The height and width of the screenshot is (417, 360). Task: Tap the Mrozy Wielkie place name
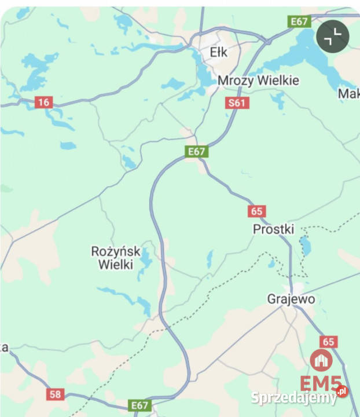(x=258, y=81)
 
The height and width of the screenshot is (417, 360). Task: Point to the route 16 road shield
(x=43, y=103)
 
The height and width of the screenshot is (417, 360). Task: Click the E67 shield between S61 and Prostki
(x=196, y=152)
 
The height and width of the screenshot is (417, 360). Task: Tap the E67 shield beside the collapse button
(x=299, y=21)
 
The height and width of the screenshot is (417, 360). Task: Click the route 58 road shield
(x=55, y=394)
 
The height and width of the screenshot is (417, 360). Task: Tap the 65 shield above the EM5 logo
(x=329, y=342)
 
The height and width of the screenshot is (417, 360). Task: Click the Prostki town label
(x=274, y=229)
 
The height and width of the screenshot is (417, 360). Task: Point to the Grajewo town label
(x=291, y=299)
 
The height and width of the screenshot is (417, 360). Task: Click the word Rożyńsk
(x=116, y=251)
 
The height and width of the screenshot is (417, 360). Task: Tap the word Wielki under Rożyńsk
(x=116, y=265)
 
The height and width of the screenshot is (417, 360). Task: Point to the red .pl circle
(x=342, y=392)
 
